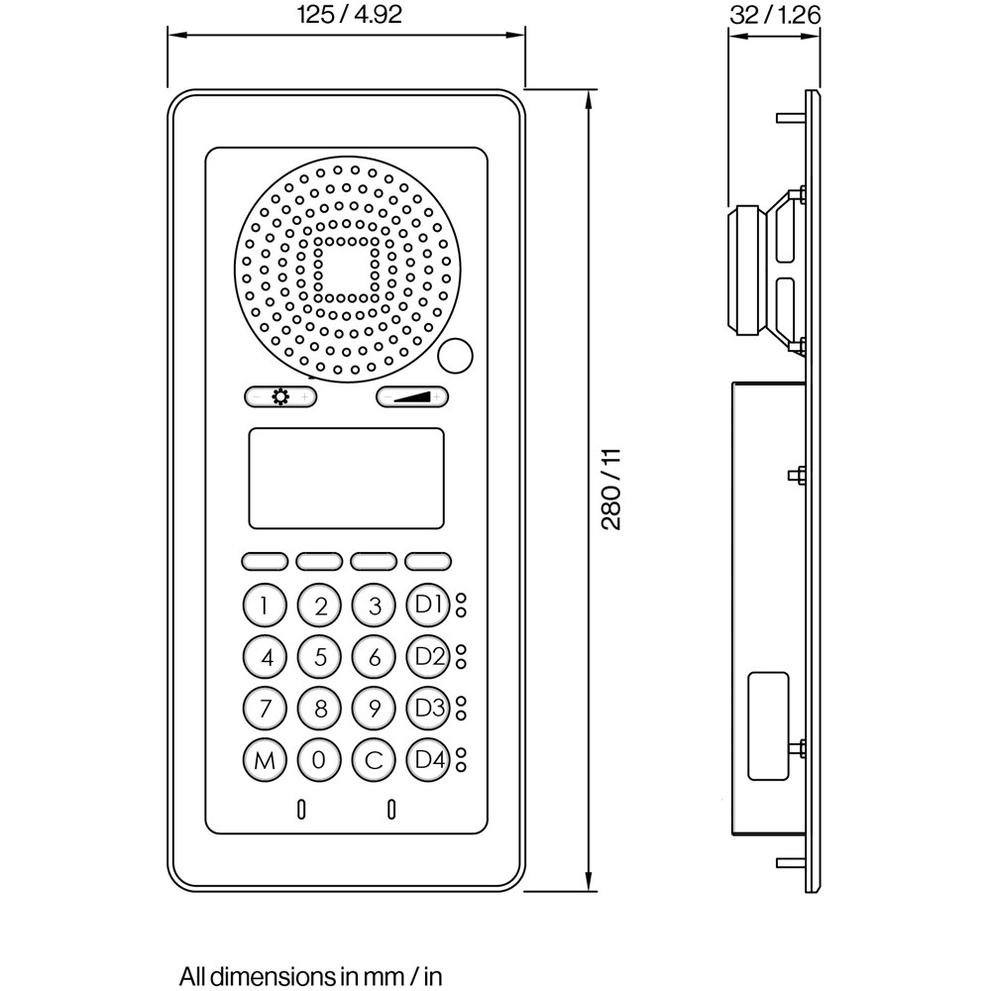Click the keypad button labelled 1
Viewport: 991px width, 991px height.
[264, 606]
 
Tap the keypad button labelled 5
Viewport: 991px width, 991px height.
[319, 656]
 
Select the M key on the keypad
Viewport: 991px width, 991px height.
[264, 760]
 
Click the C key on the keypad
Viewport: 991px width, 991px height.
[374, 760]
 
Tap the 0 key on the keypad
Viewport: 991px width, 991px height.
[319, 760]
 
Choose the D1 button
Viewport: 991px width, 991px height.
[429, 606]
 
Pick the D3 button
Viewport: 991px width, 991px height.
[429, 709]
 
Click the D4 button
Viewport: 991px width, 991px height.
[429, 760]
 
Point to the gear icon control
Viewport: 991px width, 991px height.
[280, 397]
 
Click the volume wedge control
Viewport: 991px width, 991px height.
[411, 397]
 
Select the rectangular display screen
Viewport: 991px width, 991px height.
[346, 478]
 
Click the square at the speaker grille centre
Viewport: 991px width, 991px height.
[345, 269]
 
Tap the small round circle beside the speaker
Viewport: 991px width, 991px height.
[455, 354]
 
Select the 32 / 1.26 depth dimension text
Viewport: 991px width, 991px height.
[775, 16]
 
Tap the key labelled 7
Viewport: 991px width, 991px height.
[264, 709]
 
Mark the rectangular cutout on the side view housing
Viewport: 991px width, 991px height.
[768, 726]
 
